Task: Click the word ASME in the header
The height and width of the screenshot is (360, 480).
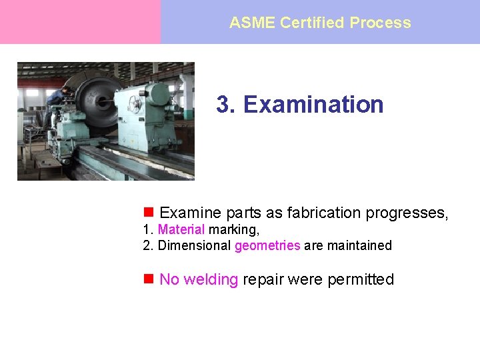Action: (x=252, y=23)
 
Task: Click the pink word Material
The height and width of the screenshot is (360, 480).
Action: (x=181, y=229)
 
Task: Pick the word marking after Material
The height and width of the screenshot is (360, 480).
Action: (x=233, y=229)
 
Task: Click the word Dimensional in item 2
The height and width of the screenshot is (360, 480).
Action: (x=194, y=245)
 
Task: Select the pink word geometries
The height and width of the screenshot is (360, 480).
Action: (x=267, y=245)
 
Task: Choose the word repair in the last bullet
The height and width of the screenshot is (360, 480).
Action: (x=262, y=279)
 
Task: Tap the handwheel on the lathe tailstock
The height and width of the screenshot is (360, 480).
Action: (x=135, y=105)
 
